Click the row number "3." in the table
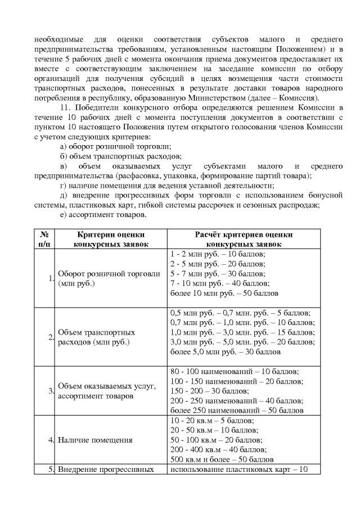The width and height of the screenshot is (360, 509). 51,391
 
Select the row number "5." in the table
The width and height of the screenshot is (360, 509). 51,470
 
